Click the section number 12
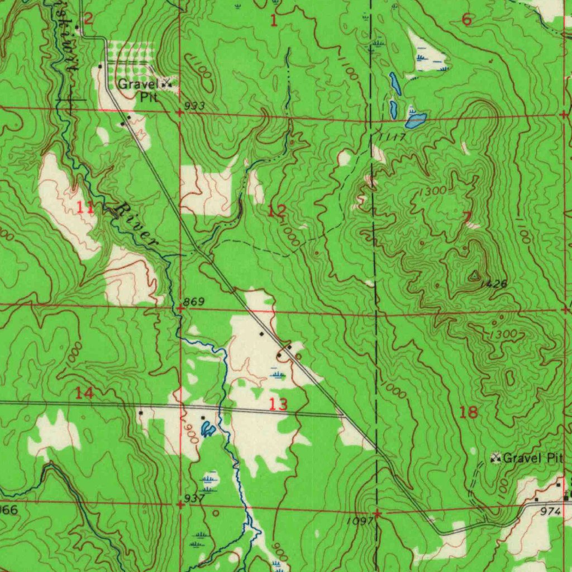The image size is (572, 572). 277,211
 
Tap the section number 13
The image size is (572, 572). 278,404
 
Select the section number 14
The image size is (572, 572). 84,393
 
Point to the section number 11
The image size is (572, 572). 85,208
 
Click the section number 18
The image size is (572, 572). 468,413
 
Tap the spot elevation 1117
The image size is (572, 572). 391,137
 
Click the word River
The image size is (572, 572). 136,226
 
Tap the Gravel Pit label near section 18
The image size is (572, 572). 532,459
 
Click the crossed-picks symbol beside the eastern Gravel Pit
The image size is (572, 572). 495,459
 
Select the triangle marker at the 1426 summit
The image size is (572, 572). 474,275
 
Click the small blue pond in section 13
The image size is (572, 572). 207,429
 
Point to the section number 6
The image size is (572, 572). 467,20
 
